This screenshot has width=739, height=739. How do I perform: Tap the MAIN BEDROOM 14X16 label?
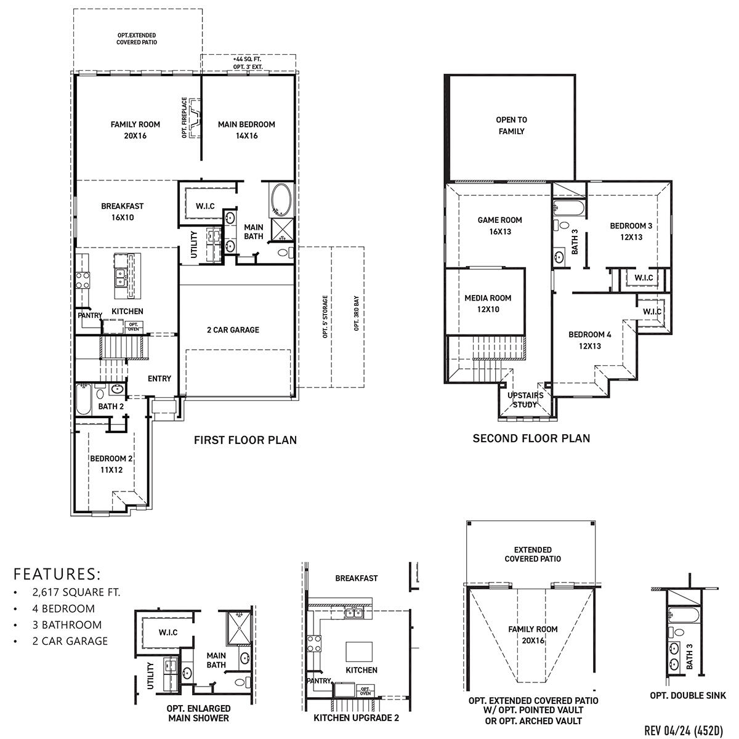pyautogui.click(x=246, y=130)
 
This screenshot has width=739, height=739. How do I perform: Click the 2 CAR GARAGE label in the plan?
pyautogui.click(x=233, y=330)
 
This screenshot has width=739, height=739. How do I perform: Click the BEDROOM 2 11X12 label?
pyautogui.click(x=111, y=464)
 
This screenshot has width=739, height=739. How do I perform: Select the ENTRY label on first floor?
pyautogui.click(x=160, y=379)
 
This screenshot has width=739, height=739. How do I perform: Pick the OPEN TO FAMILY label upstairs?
pyautogui.click(x=511, y=126)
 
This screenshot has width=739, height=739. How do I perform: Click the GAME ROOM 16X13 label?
pyautogui.click(x=499, y=226)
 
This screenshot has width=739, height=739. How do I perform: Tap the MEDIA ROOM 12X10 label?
pyautogui.click(x=488, y=304)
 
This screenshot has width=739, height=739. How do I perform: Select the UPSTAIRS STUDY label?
pyautogui.click(x=525, y=400)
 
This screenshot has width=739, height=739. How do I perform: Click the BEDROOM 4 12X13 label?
pyautogui.click(x=589, y=341)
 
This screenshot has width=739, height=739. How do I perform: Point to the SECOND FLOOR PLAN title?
pyautogui.click(x=531, y=438)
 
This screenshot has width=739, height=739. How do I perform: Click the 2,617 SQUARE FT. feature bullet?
pyautogui.click(x=76, y=592)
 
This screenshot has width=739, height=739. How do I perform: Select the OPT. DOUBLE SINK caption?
pyautogui.click(x=688, y=695)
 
